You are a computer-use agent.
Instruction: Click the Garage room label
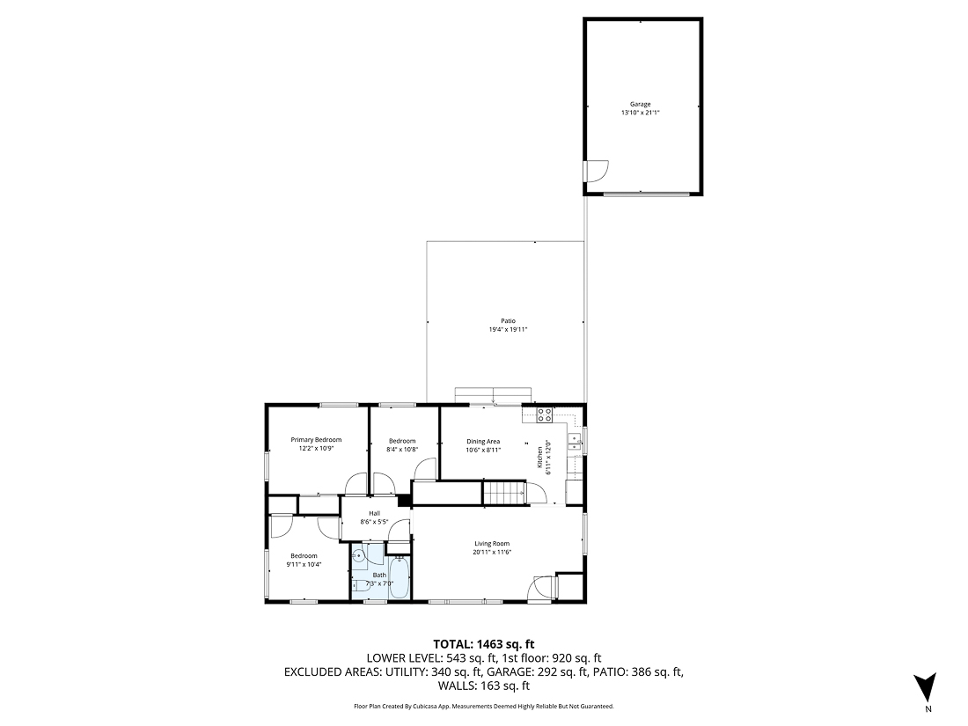pyautogui.click(x=640, y=104)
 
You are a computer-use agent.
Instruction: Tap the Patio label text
pyautogui.click(x=508, y=321)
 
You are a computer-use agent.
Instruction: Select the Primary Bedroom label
pyautogui.click(x=316, y=440)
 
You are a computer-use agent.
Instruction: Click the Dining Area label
pyautogui.click(x=483, y=441)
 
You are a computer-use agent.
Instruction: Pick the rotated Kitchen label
pyautogui.click(x=540, y=458)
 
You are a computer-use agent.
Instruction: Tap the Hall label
pyautogui.click(x=374, y=513)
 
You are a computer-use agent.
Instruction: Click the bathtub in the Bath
pyautogui.click(x=399, y=579)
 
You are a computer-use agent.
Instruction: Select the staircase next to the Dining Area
pyautogui.click(x=503, y=493)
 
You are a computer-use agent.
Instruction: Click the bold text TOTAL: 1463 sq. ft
pyautogui.click(x=483, y=643)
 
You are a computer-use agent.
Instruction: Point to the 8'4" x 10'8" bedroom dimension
pyautogui.click(x=402, y=449)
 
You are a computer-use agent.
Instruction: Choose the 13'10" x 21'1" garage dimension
pyautogui.click(x=640, y=113)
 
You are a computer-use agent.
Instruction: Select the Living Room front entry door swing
pyautogui.click(x=541, y=587)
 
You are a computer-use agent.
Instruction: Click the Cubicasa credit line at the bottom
pyautogui.click(x=483, y=706)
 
